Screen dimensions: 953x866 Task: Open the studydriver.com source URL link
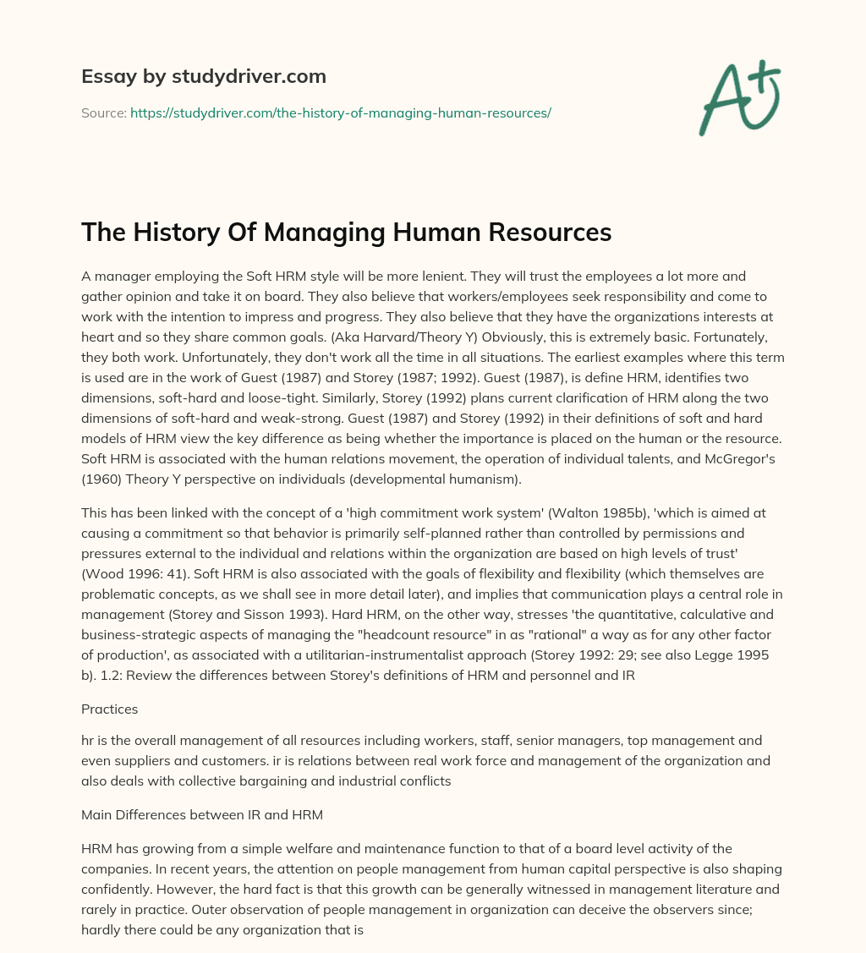tap(340, 112)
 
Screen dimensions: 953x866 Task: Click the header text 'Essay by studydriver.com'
tap(203, 76)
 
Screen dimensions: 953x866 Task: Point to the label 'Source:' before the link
tap(103, 112)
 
